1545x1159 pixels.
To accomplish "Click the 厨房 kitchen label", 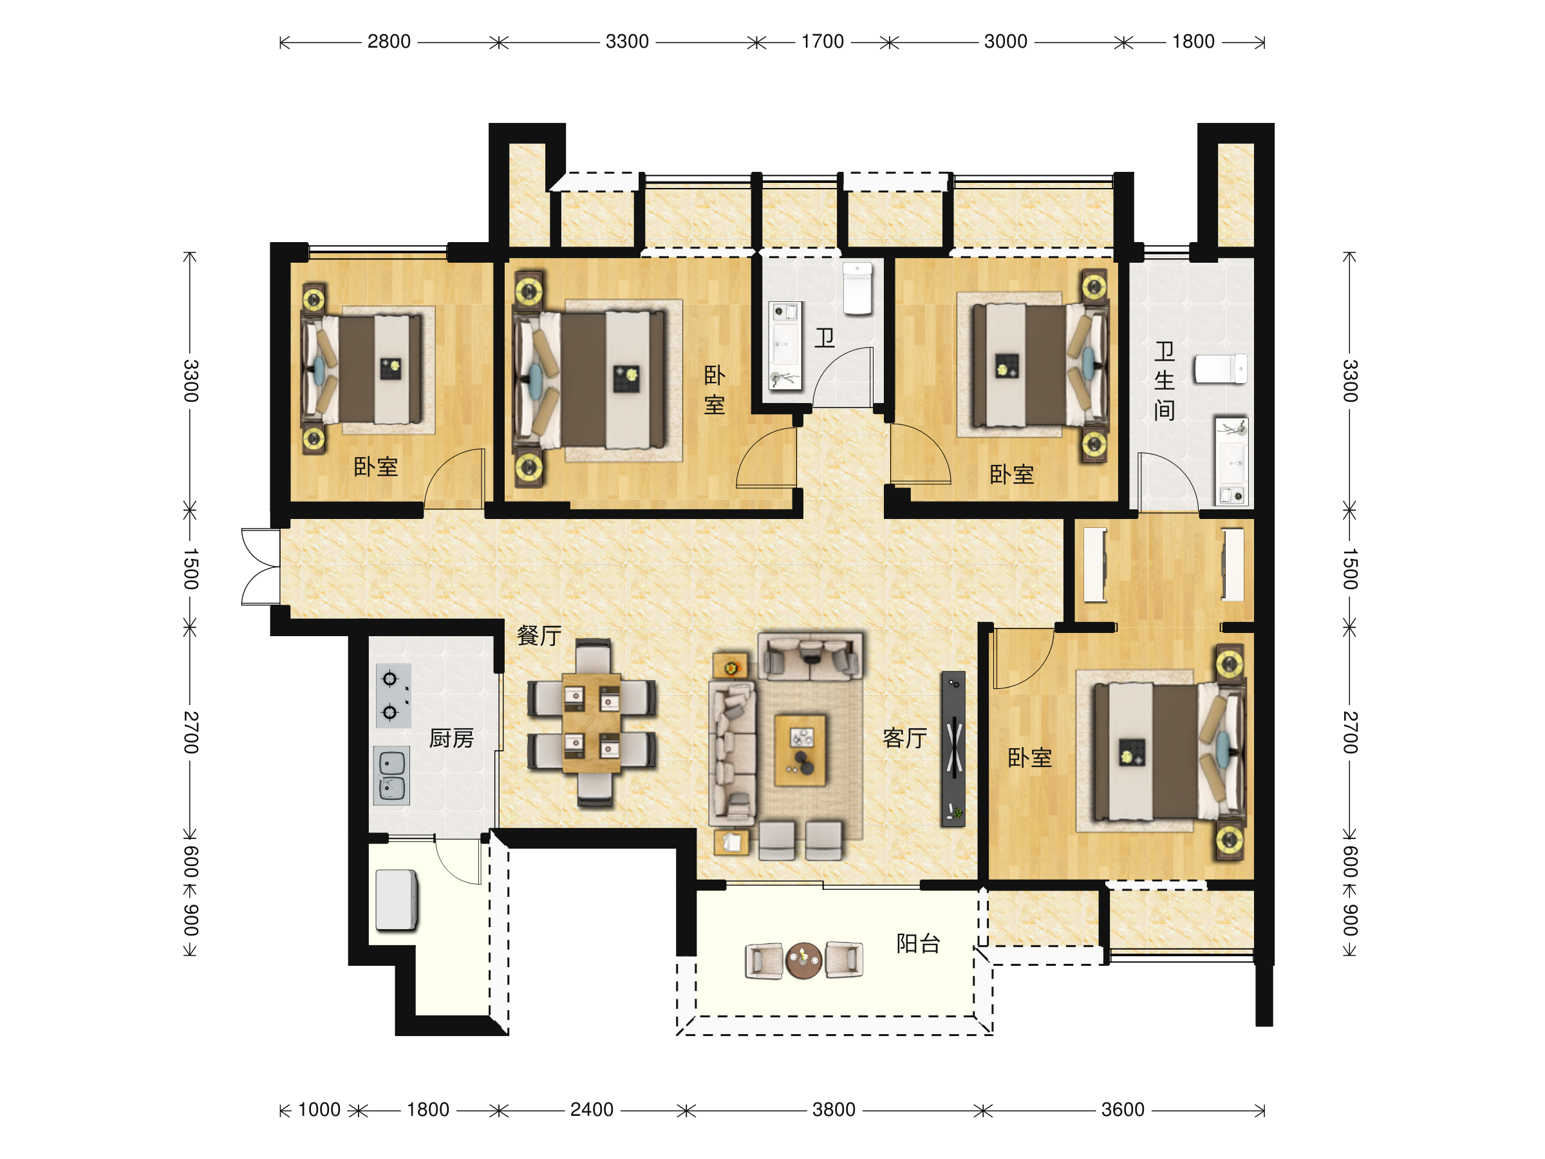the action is (x=451, y=738).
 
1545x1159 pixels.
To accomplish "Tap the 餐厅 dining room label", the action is (x=539, y=635).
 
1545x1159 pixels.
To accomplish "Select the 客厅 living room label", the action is (x=904, y=738).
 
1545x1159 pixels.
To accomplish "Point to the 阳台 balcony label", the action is (x=918, y=943).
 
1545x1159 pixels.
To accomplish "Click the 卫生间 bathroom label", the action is (x=1164, y=381).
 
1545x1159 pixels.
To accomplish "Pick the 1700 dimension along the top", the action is (x=822, y=42).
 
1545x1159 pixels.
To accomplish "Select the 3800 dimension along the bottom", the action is (x=833, y=1109).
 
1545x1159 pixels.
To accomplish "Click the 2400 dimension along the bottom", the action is (x=592, y=1109).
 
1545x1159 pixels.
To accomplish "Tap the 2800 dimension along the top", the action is (x=389, y=42).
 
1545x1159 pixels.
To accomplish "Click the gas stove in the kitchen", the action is (x=393, y=696).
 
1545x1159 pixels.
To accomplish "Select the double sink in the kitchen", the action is (x=392, y=776).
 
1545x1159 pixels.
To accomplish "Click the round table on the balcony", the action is (x=804, y=960).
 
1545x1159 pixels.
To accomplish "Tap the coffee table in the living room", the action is (x=800, y=750).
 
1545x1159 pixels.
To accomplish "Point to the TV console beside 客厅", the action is (x=953, y=749).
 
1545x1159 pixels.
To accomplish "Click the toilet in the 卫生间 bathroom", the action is (x=1220, y=369).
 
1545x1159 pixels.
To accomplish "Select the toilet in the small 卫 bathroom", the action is (x=857, y=288).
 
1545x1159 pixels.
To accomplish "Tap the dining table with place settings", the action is (x=592, y=723).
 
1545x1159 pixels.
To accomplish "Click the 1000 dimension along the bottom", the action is (x=319, y=1109).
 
